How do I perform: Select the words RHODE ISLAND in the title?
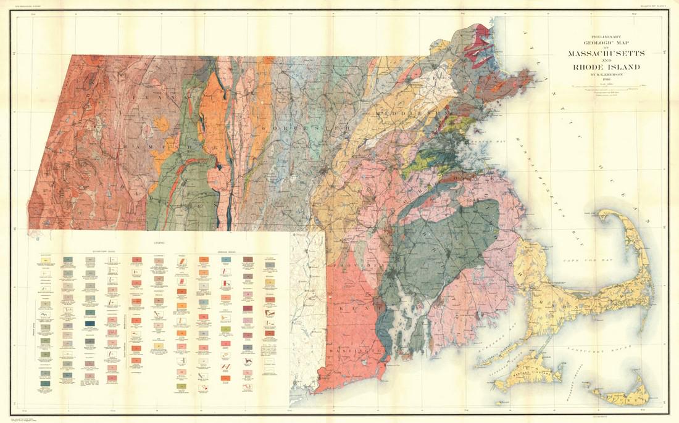[606, 67]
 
